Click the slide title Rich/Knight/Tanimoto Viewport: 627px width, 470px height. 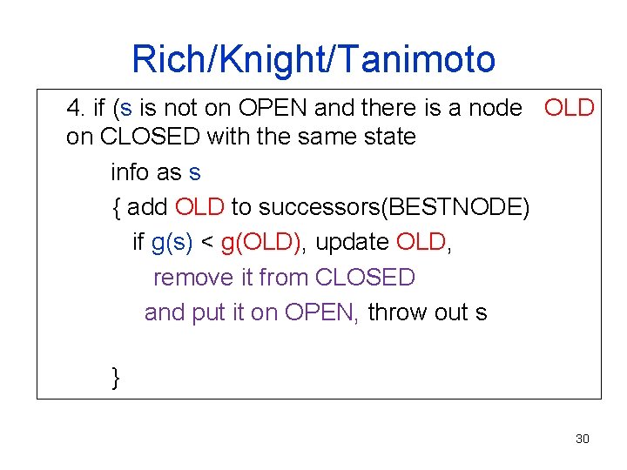[x=313, y=59]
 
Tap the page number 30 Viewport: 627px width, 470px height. [x=583, y=439]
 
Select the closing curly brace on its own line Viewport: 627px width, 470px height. [x=116, y=377]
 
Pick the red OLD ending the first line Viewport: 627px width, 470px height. [x=569, y=109]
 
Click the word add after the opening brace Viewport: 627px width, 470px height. [x=148, y=207]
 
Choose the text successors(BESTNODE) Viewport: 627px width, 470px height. [x=394, y=207]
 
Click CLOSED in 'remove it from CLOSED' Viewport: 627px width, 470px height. [x=365, y=278]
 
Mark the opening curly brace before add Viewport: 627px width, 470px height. [x=116, y=207]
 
